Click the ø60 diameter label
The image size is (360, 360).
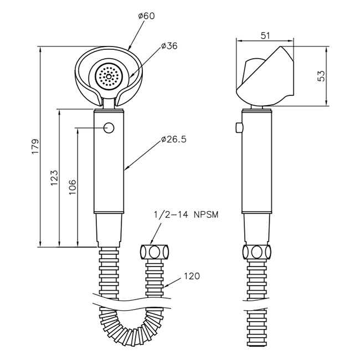(146, 16)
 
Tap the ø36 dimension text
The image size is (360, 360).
(169, 47)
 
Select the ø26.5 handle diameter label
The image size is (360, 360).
(173, 140)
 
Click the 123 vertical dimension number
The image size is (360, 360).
(54, 177)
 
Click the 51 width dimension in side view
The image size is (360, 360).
(265, 35)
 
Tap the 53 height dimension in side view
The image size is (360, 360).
(321, 76)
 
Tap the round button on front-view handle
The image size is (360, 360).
(109, 128)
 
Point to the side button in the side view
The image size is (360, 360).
(239, 128)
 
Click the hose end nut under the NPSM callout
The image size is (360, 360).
(155, 252)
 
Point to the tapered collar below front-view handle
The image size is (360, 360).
(109, 228)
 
